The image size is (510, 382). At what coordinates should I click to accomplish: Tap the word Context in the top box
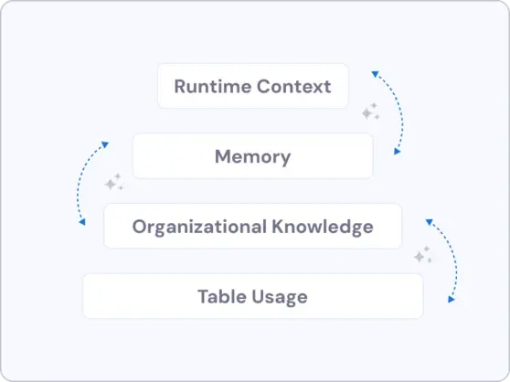click(293, 87)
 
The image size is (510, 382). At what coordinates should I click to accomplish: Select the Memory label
click(253, 157)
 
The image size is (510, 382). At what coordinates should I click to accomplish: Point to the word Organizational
click(199, 227)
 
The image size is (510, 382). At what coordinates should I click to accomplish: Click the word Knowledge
click(323, 227)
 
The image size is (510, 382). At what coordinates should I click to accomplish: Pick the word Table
click(222, 296)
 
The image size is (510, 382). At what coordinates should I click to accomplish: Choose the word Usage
click(280, 297)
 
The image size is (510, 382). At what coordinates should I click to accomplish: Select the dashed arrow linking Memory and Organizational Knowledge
click(78, 185)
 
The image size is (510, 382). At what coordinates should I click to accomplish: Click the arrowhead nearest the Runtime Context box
click(375, 74)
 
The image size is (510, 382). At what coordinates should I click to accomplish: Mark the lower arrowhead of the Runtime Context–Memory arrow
click(398, 152)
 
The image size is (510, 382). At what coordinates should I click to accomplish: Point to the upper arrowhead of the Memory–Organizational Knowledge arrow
click(105, 144)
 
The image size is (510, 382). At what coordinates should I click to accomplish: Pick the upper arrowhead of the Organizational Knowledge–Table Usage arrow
click(429, 222)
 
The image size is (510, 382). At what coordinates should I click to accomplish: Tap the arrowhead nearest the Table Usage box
click(452, 300)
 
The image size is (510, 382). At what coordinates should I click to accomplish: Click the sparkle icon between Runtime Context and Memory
click(371, 111)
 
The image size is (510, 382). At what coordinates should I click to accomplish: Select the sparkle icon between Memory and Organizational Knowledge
click(114, 182)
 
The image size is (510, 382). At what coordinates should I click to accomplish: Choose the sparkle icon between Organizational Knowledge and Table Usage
click(423, 254)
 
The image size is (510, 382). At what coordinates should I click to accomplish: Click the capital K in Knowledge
click(278, 227)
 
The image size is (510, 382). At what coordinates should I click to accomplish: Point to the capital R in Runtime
click(180, 87)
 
